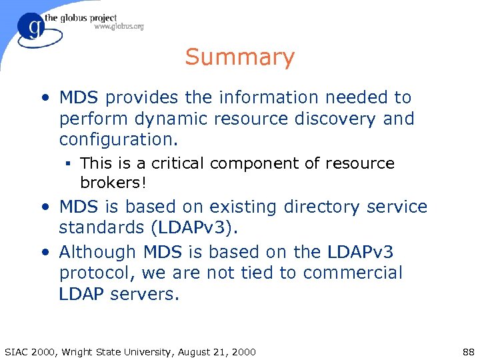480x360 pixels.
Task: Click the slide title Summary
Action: tap(239, 57)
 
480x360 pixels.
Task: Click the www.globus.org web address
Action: tap(119, 27)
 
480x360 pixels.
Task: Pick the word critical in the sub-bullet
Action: tap(179, 163)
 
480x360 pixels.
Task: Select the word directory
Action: tap(326, 207)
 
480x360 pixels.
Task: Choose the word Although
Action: tap(97, 252)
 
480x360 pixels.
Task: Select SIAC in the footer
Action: tap(17, 351)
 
